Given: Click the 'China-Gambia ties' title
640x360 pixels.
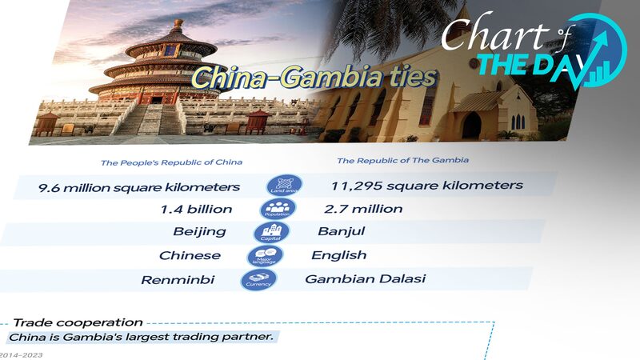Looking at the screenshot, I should pos(314,78).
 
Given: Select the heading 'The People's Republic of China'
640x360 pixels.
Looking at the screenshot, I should pos(171,162).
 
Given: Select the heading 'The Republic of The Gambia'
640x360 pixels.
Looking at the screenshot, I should pos(402,160).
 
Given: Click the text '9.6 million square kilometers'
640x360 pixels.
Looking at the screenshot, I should pos(139,187).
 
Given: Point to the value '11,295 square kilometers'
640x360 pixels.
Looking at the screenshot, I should pos(426,186).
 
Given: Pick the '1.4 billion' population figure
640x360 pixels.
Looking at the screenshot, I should pos(196,210).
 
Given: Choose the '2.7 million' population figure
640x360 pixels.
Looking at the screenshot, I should pos(363,209).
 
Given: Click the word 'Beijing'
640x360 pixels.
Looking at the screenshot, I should pos(199,232).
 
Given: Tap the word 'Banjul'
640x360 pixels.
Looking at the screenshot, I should pos(341,232).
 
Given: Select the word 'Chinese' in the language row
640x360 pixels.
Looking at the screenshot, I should pos(190,256).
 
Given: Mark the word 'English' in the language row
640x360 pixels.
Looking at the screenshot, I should pos(339,255).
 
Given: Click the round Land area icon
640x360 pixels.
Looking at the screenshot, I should pos(284,186).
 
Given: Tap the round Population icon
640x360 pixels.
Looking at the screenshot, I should pos(278,209).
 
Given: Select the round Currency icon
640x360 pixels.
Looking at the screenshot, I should pos(258,280).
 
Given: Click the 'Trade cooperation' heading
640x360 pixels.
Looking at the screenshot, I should pos(78,322).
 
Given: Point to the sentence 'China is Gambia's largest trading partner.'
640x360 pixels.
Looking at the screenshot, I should pos(141,337).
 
